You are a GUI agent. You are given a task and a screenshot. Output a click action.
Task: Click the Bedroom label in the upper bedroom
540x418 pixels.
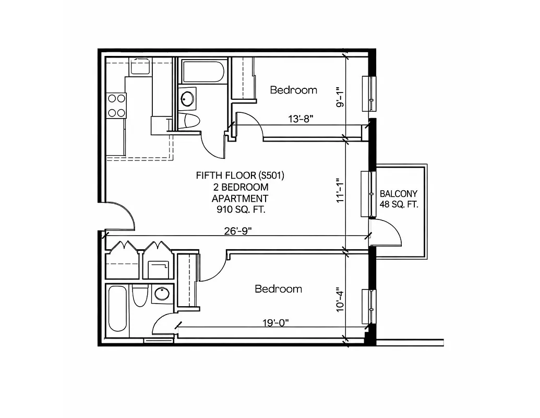point(293,90)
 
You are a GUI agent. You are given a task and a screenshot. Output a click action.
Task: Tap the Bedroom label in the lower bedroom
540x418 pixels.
point(278,289)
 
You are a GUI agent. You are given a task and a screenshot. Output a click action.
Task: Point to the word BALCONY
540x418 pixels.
point(399,193)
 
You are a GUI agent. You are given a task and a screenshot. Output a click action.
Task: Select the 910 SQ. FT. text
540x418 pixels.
point(239,210)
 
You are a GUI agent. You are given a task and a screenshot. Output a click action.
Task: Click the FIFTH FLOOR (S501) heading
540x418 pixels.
point(240,175)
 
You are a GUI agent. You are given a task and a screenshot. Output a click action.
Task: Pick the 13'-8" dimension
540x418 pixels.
point(301,119)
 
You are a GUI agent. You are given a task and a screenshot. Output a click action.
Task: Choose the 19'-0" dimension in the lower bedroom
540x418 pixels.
point(274,322)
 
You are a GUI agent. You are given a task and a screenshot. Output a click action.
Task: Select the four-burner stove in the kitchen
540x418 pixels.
point(116,104)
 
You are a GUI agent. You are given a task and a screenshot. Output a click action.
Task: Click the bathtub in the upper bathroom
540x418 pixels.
point(203,71)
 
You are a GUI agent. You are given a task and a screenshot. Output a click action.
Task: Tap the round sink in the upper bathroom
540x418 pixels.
point(187,98)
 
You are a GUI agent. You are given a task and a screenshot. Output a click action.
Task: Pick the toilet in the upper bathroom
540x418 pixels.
point(188,121)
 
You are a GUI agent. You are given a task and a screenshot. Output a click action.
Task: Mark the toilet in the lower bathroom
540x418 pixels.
point(139,297)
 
